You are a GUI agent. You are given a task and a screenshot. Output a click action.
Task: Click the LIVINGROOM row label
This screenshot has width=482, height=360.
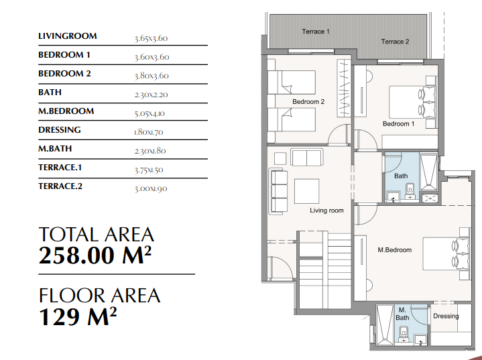68,36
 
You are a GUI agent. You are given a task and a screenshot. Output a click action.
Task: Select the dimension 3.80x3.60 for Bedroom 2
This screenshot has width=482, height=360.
152,76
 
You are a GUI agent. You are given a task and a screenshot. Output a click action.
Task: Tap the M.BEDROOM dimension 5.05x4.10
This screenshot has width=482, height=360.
149,113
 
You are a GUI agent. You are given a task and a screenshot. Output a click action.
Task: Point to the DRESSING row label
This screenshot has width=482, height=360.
60,130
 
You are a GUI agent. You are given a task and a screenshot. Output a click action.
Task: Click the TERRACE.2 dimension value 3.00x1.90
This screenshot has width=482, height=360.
151,188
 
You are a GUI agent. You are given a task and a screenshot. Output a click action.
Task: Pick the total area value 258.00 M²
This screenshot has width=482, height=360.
95,255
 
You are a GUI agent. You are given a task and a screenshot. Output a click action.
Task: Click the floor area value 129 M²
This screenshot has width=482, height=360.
78,316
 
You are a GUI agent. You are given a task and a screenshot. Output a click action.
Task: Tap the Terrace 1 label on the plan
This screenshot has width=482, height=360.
316,32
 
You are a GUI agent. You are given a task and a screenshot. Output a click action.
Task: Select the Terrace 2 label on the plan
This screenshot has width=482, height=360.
395,42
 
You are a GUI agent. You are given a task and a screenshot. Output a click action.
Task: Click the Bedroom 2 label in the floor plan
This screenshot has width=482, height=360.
308,102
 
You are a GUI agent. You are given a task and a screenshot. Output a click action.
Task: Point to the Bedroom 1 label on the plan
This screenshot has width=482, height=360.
398,124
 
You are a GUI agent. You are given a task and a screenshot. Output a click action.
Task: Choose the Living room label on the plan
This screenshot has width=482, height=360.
326,211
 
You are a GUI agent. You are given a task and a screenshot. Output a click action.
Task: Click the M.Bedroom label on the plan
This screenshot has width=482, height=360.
395,250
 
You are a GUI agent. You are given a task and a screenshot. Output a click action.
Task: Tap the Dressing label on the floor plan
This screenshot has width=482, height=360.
446,316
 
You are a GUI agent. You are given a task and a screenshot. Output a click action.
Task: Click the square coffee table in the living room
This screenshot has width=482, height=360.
306,191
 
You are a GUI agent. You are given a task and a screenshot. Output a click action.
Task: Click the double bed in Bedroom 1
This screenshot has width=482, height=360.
412,103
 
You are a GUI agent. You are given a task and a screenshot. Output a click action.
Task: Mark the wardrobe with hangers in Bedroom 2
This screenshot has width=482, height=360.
344,88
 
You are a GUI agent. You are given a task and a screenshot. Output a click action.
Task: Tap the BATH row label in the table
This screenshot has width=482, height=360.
50,93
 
